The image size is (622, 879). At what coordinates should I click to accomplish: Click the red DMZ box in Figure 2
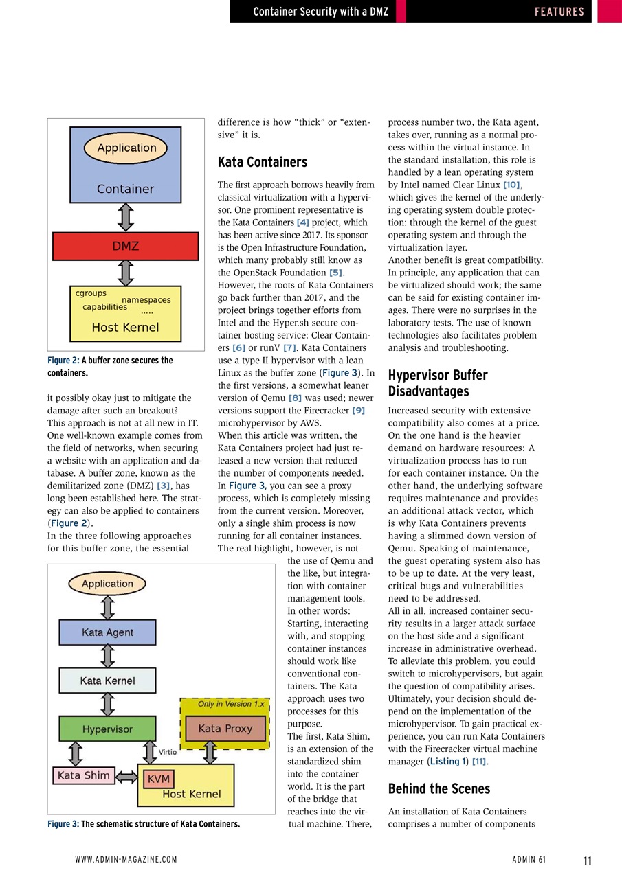click(125, 246)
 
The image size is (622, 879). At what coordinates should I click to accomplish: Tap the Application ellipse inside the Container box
click(126, 148)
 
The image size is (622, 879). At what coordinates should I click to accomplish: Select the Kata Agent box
click(107, 632)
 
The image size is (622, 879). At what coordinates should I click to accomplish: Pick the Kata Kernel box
click(107, 681)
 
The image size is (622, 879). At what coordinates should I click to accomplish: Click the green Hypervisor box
click(107, 729)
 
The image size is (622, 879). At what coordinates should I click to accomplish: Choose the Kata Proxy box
click(225, 729)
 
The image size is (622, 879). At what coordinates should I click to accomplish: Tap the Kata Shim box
click(83, 775)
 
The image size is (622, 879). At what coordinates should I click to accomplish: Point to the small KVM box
click(158, 779)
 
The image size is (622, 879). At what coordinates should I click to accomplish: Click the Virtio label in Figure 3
click(168, 752)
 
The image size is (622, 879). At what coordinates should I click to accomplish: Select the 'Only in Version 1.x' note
click(230, 704)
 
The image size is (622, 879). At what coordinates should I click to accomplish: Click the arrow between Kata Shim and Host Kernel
click(126, 777)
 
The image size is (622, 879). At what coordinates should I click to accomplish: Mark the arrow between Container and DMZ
click(125, 217)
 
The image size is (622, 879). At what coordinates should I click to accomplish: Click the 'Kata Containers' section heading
click(262, 162)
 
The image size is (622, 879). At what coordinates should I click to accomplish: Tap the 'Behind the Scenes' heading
click(438, 788)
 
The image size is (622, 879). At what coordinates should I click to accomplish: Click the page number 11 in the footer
click(587, 860)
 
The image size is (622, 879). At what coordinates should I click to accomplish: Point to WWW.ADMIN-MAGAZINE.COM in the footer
click(126, 860)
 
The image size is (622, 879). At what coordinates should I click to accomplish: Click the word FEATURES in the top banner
click(559, 12)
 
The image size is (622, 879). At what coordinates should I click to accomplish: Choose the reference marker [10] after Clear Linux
click(512, 185)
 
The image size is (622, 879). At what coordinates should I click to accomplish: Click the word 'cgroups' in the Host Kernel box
click(91, 293)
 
